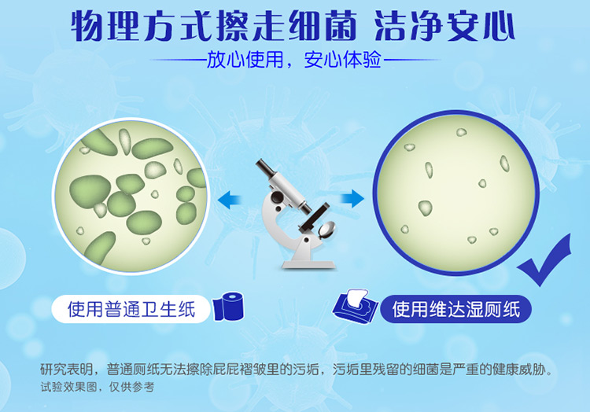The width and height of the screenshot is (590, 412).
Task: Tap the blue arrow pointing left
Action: coord(230,199)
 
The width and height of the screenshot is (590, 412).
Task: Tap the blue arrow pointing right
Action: coord(352,198)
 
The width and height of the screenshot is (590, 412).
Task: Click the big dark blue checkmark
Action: coord(544,260)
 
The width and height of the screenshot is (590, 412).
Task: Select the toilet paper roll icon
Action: coord(229,307)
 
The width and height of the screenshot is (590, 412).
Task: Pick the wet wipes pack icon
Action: coord(355,307)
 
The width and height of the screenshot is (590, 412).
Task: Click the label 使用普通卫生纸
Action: coord(131,309)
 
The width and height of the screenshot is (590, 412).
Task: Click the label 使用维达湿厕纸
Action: coord(456,309)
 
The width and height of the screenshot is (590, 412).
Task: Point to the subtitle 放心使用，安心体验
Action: coord(294,60)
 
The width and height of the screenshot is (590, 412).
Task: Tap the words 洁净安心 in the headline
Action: coord(444,26)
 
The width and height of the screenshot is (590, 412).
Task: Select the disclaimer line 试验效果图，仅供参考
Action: coord(98,387)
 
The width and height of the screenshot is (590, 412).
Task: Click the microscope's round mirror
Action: coord(326,230)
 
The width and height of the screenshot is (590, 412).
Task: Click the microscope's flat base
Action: coord(308,264)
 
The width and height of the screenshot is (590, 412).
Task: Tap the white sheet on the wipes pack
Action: coord(356,298)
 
